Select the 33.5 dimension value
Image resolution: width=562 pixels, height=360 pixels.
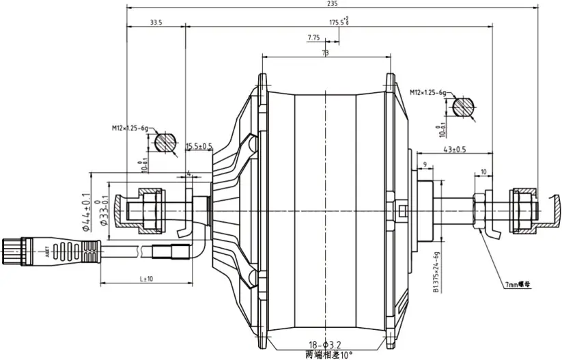point(155,23)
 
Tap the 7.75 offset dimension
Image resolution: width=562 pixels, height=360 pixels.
point(314,37)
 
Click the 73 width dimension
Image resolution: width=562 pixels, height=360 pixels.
point(325,53)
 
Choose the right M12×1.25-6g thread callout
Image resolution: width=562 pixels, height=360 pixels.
point(428,92)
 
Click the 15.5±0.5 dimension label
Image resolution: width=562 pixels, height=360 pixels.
point(199,146)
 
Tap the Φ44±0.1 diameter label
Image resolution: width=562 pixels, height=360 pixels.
point(87,212)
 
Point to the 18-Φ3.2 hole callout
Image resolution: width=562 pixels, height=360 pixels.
point(322,346)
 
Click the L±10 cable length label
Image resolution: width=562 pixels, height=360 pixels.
point(145,279)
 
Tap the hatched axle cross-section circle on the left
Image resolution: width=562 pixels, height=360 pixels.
point(165,143)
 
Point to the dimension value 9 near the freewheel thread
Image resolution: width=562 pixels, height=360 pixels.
point(424,164)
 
